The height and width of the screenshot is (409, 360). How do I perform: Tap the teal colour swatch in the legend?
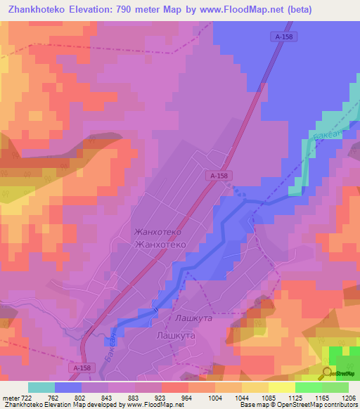[x=41, y=387]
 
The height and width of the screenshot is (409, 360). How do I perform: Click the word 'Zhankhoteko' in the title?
[x=37, y=9]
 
